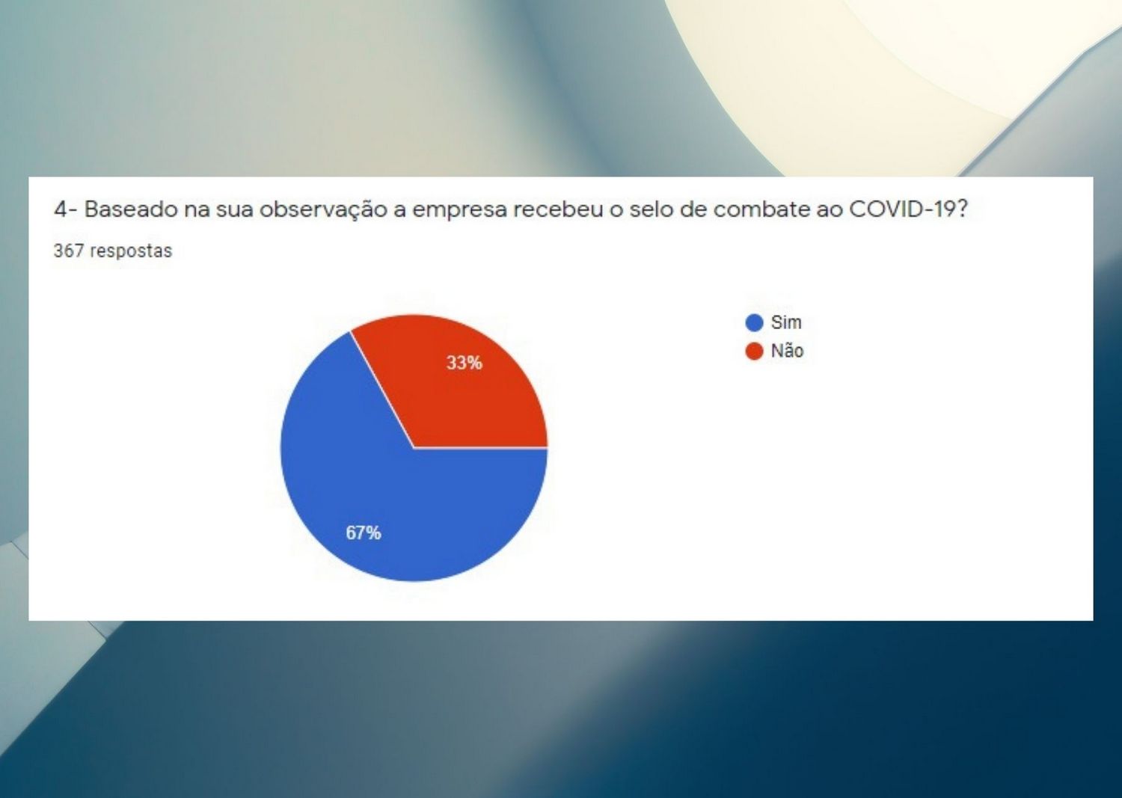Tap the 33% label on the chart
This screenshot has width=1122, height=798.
click(465, 363)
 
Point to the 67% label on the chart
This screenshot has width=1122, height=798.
click(364, 533)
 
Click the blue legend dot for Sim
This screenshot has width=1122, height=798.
click(754, 322)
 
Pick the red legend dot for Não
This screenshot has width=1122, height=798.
click(754, 352)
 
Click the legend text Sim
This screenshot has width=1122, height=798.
click(786, 322)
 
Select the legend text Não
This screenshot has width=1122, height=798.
click(788, 351)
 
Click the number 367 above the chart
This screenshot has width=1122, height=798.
click(69, 251)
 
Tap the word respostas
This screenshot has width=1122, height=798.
click(131, 251)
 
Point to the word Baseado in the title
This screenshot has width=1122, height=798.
click(131, 209)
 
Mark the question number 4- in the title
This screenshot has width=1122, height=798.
click(66, 209)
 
